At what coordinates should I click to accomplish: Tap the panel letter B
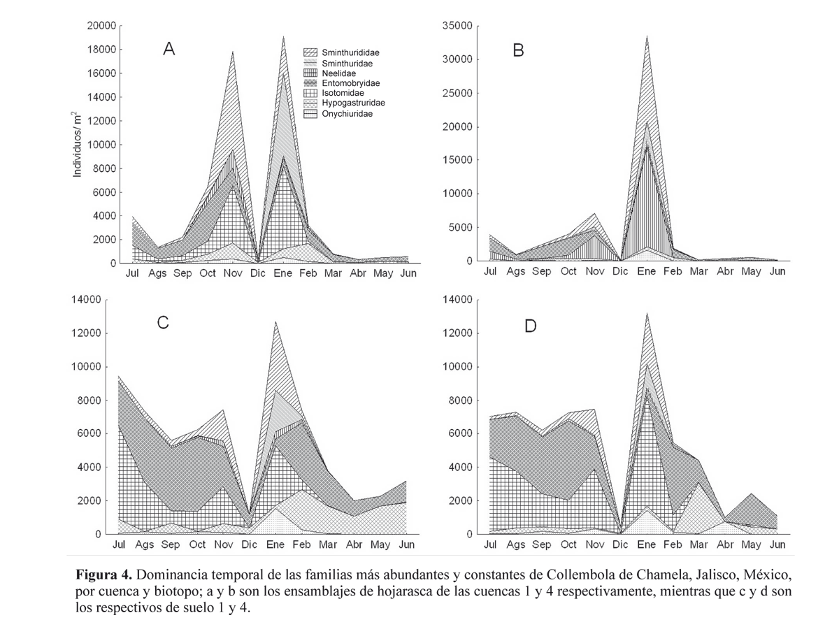tap(518, 50)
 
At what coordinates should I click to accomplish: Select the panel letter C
tap(163, 323)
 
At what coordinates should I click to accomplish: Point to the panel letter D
tap(531, 326)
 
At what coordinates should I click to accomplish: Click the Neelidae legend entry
tap(338, 73)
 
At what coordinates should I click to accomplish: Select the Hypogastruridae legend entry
tap(352, 103)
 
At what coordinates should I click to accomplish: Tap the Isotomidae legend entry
tap(342, 93)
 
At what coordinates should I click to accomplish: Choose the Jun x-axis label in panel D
tap(778, 544)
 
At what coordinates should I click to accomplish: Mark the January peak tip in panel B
tap(647, 36)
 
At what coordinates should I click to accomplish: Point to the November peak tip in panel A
tap(232, 51)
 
